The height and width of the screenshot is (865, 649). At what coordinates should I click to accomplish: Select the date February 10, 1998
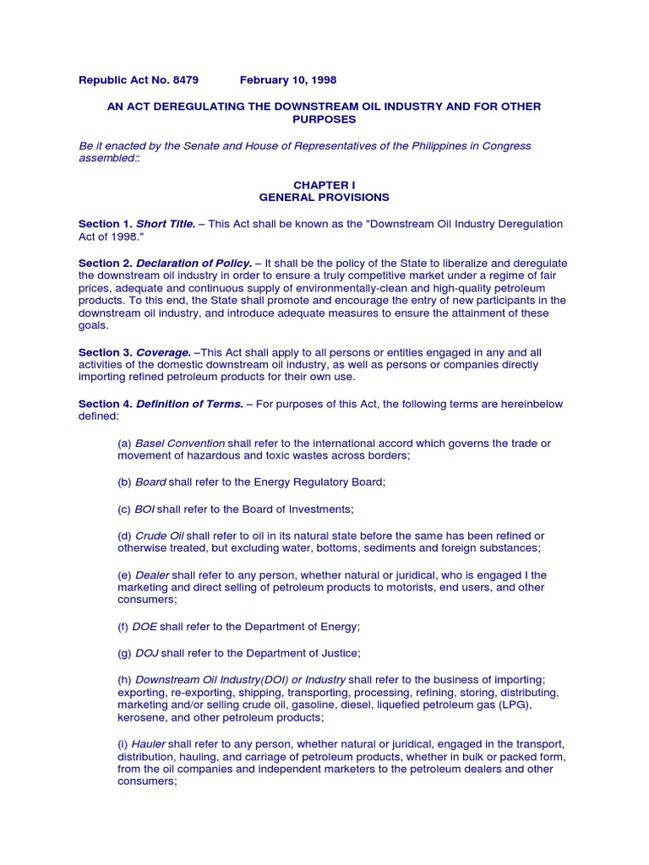[x=288, y=80]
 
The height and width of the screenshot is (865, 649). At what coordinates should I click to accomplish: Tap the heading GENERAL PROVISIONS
[x=324, y=197]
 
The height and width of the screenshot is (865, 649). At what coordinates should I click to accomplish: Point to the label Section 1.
[x=106, y=224]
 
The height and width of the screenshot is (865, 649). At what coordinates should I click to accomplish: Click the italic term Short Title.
[x=166, y=224]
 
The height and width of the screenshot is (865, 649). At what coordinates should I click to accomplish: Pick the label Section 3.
[x=106, y=352]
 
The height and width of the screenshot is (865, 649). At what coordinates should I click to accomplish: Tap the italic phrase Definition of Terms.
[x=190, y=405]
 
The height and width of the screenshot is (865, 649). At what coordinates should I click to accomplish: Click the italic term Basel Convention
[x=180, y=443]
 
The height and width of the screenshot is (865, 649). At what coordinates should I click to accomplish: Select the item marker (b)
[x=125, y=482]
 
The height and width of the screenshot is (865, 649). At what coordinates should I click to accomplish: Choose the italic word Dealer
[x=153, y=574]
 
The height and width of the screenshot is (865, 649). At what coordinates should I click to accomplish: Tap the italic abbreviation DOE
[x=145, y=627]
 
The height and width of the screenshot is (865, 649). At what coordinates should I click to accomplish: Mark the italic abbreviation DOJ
[x=146, y=653]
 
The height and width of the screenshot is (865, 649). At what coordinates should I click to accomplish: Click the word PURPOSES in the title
[x=324, y=119]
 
